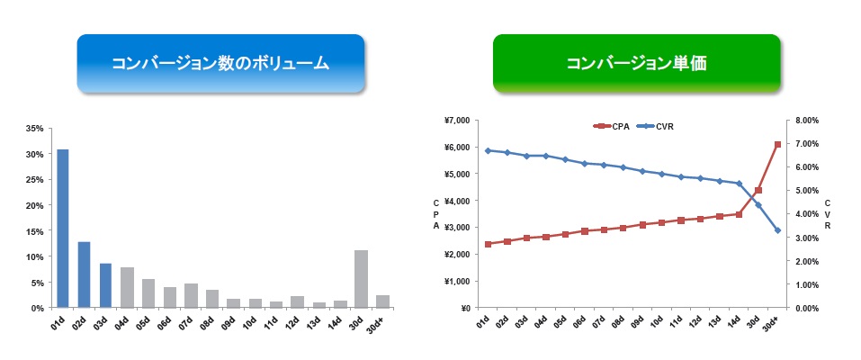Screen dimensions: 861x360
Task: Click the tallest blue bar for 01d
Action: [63, 228]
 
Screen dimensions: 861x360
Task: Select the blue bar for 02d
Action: [84, 274]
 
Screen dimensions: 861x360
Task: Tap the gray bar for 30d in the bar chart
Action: [361, 279]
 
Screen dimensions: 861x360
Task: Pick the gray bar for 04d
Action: [127, 287]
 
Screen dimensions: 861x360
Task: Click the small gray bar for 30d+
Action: [382, 301]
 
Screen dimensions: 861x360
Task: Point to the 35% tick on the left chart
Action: [35, 128]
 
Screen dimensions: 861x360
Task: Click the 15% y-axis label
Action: [35, 230]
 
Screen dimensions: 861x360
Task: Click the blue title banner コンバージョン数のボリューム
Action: [220, 63]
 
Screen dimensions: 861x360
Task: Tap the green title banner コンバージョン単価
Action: [636, 63]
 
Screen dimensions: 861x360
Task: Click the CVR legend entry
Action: [655, 126]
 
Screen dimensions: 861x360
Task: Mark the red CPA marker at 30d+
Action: [777, 145]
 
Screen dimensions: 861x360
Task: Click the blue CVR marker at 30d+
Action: [777, 230]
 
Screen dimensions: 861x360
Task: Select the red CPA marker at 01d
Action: [488, 244]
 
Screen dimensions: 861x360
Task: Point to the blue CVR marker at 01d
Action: [488, 150]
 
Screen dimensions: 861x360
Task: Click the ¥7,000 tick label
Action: [459, 121]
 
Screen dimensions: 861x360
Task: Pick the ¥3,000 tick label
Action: [459, 228]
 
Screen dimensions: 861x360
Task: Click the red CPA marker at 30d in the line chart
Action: [758, 190]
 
